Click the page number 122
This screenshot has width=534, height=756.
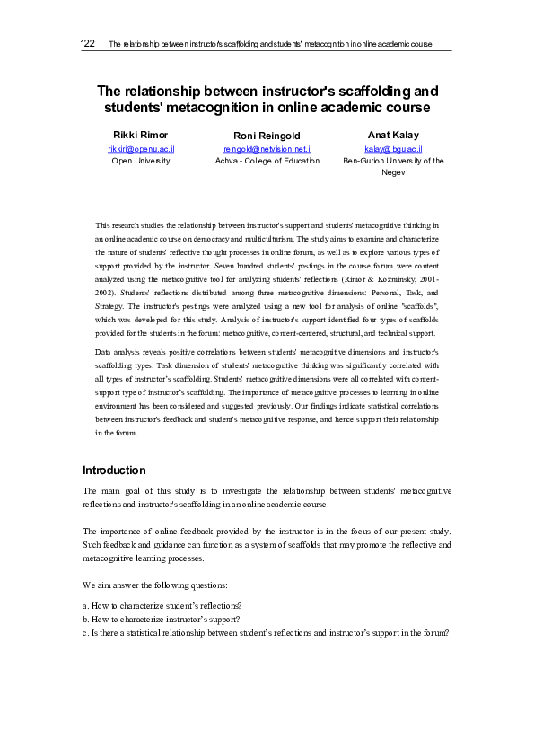point(88,43)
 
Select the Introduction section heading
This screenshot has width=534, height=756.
point(115,470)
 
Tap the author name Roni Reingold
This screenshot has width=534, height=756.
point(267,136)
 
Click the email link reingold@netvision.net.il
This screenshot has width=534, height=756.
point(267,148)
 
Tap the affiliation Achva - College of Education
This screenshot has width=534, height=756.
point(267,161)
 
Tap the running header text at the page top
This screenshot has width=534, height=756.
point(269,43)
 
